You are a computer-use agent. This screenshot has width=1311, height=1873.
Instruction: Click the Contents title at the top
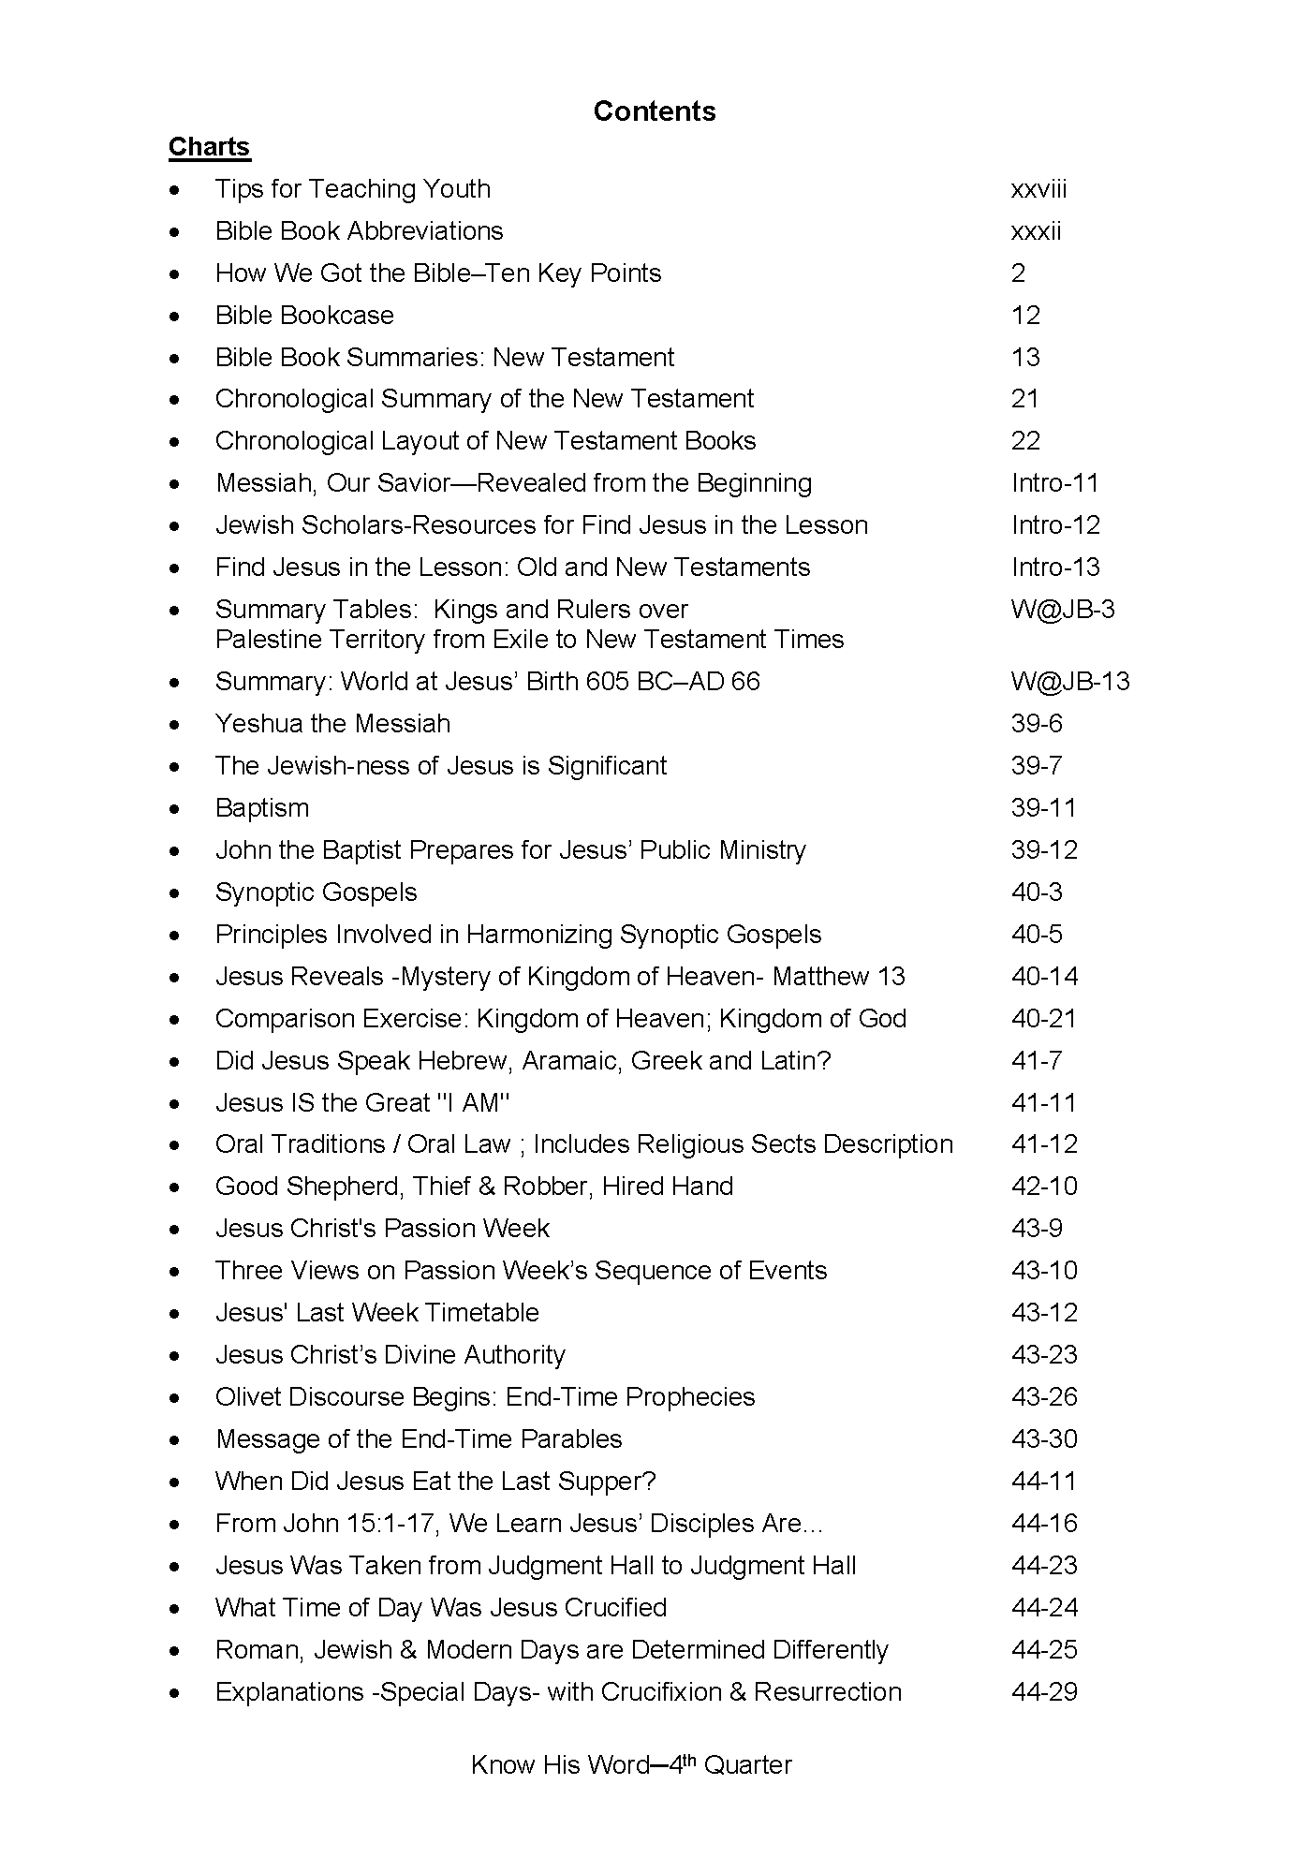pos(655,111)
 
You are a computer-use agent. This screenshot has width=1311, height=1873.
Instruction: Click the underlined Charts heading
pos(209,147)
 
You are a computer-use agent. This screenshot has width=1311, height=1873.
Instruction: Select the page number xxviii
pos(1038,189)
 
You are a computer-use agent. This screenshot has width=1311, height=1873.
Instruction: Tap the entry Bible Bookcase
pos(304,316)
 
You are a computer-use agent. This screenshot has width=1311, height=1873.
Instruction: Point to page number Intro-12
pos(1055,525)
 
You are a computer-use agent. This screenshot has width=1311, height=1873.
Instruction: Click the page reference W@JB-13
pos(1070,682)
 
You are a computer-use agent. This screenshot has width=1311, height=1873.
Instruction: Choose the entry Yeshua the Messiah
pos(332,724)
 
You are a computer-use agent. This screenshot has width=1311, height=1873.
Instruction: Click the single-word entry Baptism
pos(261,808)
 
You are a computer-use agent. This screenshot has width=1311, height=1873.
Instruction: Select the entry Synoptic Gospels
pos(316,892)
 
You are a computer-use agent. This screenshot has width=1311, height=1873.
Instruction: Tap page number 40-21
pos(1044,1019)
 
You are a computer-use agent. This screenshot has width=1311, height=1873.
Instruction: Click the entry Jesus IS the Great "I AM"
pos(362,1103)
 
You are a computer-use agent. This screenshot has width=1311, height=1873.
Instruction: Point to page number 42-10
pos(1044,1187)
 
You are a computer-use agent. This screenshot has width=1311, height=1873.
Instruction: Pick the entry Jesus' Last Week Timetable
pos(376,1313)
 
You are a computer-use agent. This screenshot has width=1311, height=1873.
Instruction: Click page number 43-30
pos(1044,1439)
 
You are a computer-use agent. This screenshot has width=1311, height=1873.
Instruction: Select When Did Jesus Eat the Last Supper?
pos(435,1482)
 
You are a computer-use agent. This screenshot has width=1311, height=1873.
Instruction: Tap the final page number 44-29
pos(1044,1692)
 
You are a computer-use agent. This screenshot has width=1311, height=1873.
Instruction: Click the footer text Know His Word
pos(560,1765)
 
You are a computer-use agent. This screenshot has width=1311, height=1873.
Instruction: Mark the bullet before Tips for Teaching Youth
pos(175,190)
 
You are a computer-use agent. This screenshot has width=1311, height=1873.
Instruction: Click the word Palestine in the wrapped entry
pos(264,640)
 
